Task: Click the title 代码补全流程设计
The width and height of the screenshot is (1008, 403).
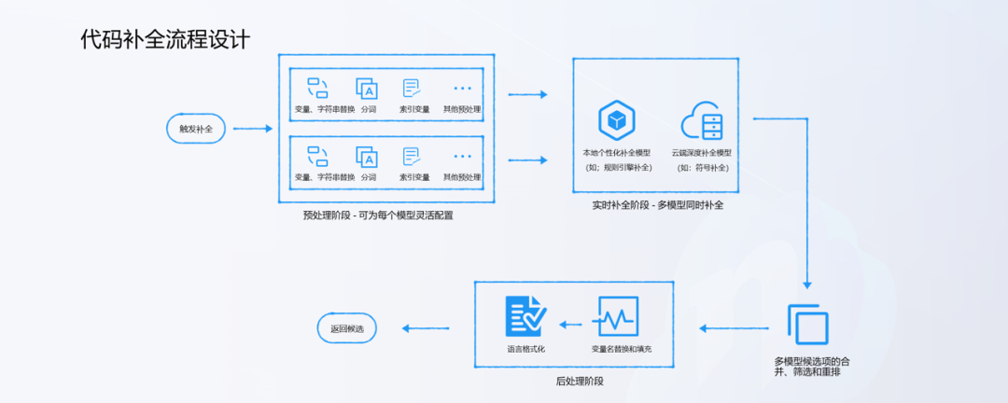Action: (x=165, y=40)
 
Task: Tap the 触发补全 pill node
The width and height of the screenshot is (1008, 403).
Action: (x=196, y=129)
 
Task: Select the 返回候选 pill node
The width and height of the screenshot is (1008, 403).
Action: (x=346, y=327)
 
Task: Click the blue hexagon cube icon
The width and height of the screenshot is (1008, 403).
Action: (x=616, y=120)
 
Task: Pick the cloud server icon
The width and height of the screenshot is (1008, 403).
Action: (x=703, y=121)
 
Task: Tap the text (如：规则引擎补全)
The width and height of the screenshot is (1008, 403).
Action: (x=616, y=168)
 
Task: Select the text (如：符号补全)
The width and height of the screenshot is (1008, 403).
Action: (x=703, y=168)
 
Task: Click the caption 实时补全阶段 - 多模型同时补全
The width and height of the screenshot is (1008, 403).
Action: (x=659, y=204)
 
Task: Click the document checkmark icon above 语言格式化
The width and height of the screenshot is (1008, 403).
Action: (x=525, y=316)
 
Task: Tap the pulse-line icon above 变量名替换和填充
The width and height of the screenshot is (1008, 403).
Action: (x=618, y=316)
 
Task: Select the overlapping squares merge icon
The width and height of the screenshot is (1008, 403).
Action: (x=807, y=325)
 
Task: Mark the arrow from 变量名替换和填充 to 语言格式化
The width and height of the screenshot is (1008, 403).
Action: (x=571, y=324)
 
